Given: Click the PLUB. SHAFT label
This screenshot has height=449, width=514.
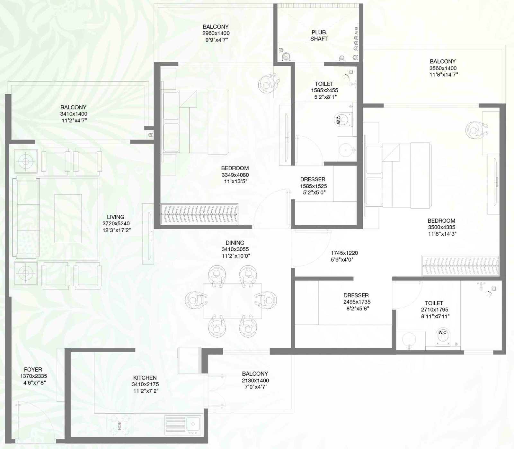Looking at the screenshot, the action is [x=319, y=35].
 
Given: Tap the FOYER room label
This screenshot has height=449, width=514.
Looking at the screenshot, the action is [x=33, y=370].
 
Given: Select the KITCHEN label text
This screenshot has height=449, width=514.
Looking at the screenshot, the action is [x=145, y=378].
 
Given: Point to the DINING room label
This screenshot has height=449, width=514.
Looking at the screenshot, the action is [x=235, y=243].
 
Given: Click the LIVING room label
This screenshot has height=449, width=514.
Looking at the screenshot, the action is [x=116, y=217].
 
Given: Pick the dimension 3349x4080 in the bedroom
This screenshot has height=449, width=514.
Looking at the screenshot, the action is [x=235, y=175].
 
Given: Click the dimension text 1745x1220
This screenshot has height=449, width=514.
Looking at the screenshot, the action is [x=344, y=253].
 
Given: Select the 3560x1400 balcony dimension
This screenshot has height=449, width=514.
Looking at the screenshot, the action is [x=443, y=68].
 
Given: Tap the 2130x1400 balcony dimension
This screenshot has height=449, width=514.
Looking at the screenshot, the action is [x=255, y=380].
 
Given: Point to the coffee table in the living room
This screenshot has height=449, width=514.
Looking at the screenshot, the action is [x=68, y=219].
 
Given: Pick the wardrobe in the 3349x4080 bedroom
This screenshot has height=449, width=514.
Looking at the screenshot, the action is [x=199, y=214].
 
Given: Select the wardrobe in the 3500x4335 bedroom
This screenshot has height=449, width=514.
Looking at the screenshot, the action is [x=460, y=265].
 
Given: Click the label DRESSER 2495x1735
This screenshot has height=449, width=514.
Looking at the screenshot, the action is [x=356, y=298].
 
